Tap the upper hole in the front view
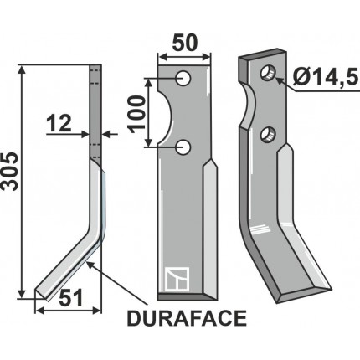click(x=184, y=79)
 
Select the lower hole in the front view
click(x=184, y=147)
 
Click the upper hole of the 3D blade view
click(x=267, y=72)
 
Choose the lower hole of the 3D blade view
click(x=267, y=133)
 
